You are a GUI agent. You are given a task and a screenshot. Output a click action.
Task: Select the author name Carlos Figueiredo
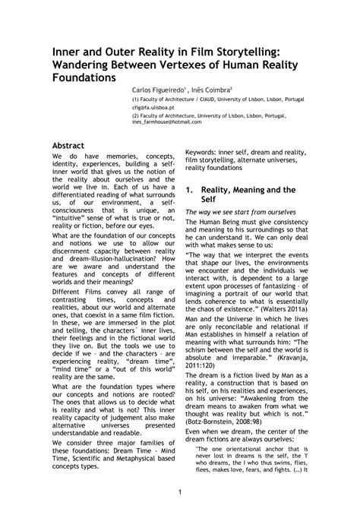(x=163, y=88)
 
